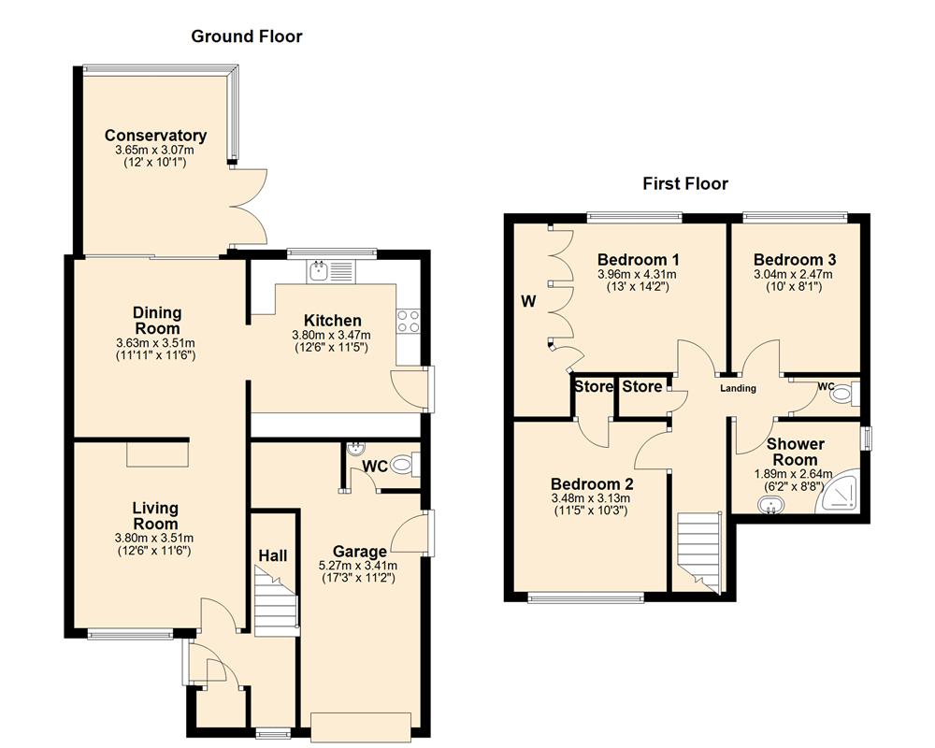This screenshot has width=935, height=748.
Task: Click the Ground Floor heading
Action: point(247,36)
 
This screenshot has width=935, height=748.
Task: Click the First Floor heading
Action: point(684,183)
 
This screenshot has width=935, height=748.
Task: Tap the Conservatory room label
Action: point(155,136)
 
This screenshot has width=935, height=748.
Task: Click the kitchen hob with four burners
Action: point(409,322)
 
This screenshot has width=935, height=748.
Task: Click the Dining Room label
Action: point(156,321)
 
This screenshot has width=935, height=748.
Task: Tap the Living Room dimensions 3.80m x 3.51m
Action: point(154,538)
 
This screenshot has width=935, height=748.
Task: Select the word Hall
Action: point(272,555)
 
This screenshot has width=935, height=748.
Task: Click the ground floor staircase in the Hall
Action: point(276,605)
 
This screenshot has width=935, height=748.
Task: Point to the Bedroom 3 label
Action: point(795,260)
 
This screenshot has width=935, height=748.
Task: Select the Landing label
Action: point(737,389)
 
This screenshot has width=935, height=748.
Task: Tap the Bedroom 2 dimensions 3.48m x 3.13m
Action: point(592,498)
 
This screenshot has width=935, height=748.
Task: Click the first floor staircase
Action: point(697,547)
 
